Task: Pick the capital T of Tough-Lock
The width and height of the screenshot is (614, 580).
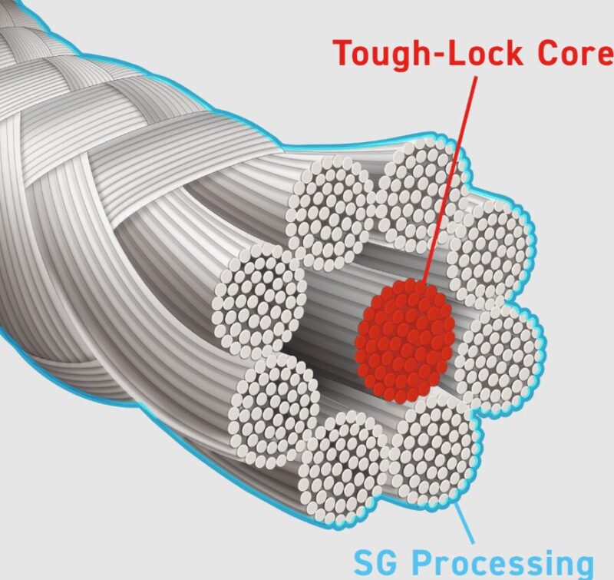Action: pos(342,54)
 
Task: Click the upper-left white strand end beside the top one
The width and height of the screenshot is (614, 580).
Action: pos(331,204)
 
